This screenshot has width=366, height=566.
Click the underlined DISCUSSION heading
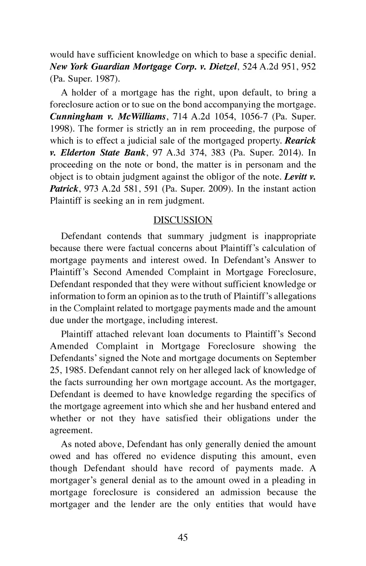coord(183,220)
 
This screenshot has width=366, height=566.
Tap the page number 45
coord(183,537)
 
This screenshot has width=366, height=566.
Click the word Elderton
coord(78,153)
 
